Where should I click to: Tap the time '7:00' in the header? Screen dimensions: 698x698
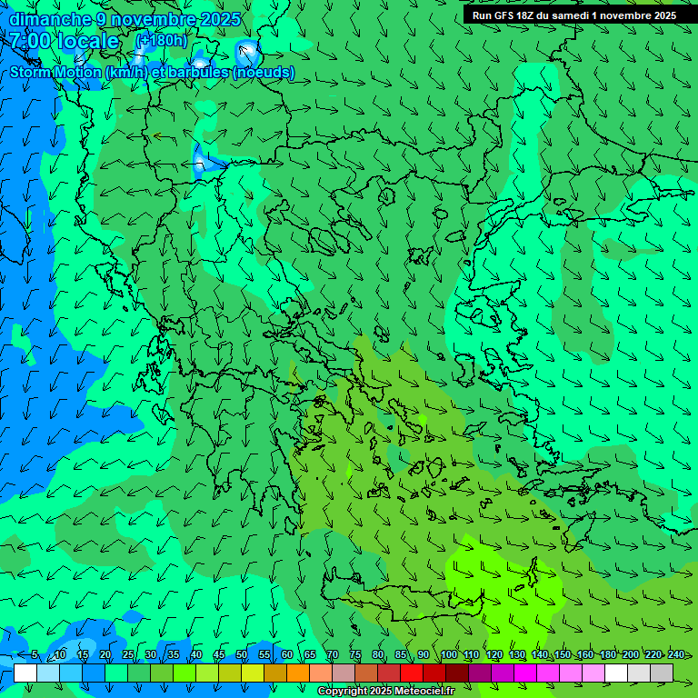tap(30, 41)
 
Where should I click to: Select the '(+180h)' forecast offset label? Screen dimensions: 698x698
tap(161, 40)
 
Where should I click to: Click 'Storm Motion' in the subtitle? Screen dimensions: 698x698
tap(56, 73)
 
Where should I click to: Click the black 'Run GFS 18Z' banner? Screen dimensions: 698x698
tap(573, 15)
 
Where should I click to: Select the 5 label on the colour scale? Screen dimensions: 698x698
tap(35, 655)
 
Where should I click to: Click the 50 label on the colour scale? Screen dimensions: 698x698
tap(242, 655)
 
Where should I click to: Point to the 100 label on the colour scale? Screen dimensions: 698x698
tap(449, 655)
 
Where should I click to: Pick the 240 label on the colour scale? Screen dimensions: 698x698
tap(676, 655)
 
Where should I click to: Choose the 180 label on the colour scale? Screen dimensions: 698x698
tap(608, 655)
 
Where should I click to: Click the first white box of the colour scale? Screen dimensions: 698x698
tap(25, 673)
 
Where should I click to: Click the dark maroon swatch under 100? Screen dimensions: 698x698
tap(457, 673)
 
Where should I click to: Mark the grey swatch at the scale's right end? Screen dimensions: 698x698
tap(662, 673)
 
